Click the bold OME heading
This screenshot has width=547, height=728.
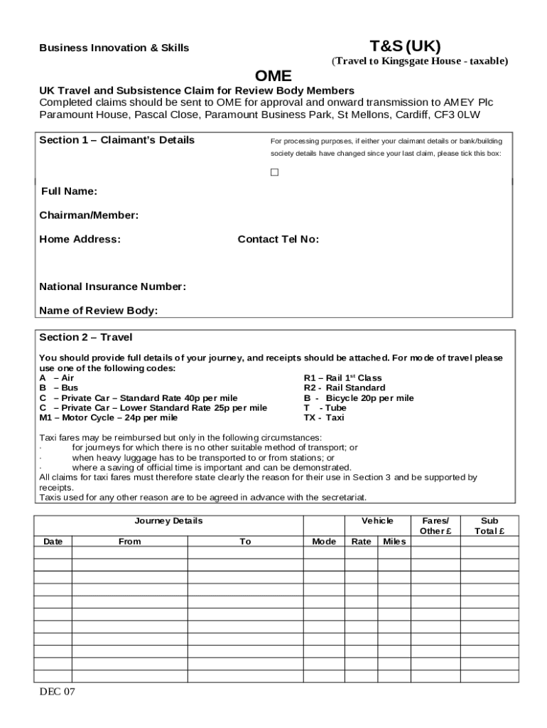pyautogui.click(x=273, y=76)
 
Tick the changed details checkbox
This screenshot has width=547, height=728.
pyautogui.click(x=274, y=172)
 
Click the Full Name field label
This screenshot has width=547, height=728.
pyautogui.click(x=69, y=191)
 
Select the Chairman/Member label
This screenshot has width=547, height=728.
pyautogui.click(x=89, y=215)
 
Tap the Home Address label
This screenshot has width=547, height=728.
pyautogui.click(x=80, y=240)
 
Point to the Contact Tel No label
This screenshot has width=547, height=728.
pyautogui.click(x=278, y=240)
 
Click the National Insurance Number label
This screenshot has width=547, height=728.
pyautogui.click(x=112, y=287)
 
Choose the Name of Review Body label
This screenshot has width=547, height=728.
pyautogui.click(x=98, y=311)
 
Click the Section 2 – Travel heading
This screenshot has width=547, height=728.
pyautogui.click(x=85, y=337)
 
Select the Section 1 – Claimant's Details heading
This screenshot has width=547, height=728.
pyautogui.click(x=117, y=140)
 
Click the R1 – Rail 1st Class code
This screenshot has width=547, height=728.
pyautogui.click(x=342, y=378)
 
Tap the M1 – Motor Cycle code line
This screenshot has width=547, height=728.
pyautogui.click(x=108, y=418)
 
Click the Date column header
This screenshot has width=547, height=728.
pyautogui.click(x=53, y=542)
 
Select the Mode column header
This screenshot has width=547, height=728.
pyautogui.click(x=324, y=542)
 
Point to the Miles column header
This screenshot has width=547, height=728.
pyautogui.click(x=394, y=542)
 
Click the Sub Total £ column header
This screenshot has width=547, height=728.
pyautogui.click(x=489, y=526)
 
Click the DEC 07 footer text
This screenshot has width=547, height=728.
pyautogui.click(x=58, y=692)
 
